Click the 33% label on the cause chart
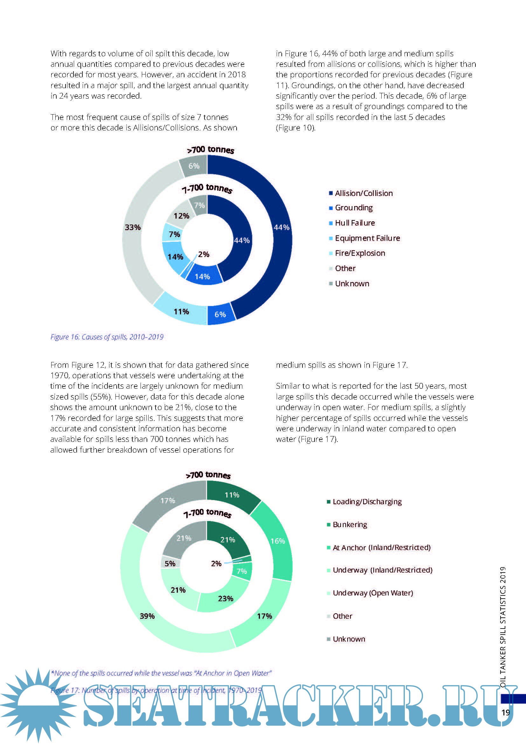(x=133, y=227)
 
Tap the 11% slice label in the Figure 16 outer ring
(x=181, y=311)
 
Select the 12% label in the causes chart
(x=181, y=216)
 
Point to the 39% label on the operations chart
(x=147, y=616)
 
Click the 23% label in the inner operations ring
(x=226, y=598)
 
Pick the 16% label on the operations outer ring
(x=278, y=541)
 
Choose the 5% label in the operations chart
(x=170, y=563)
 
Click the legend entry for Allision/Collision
(x=364, y=193)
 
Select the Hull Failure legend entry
(x=355, y=223)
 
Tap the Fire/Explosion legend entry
(x=360, y=253)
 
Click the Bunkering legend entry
(x=350, y=524)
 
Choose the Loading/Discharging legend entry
(x=367, y=502)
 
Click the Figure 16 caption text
(x=107, y=337)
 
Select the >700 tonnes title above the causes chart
(x=211, y=149)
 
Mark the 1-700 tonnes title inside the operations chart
(x=207, y=513)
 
